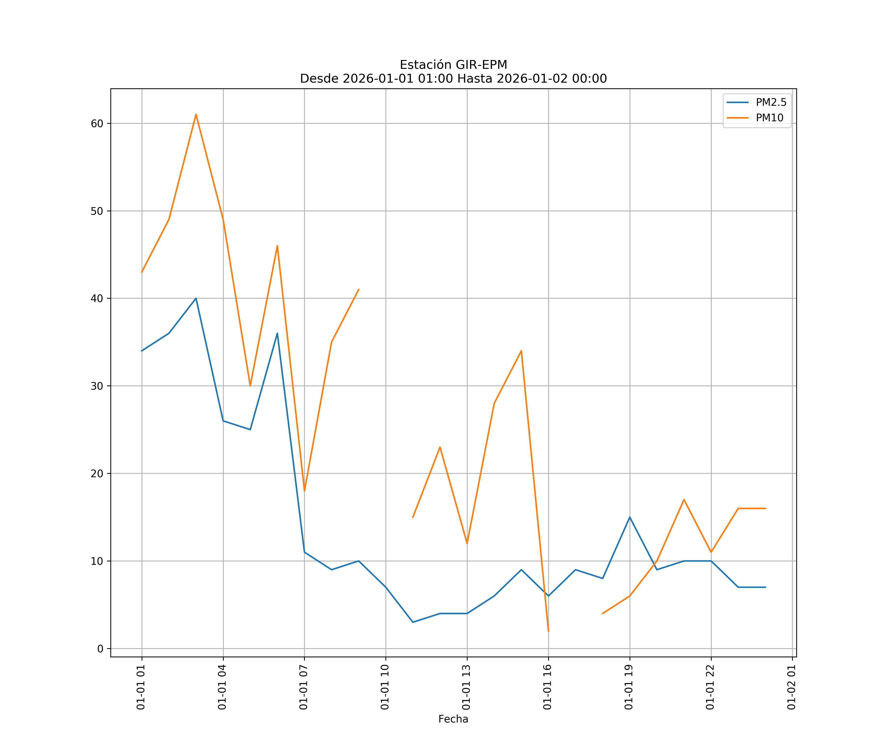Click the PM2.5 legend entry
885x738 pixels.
click(771, 103)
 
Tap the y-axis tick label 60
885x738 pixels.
click(97, 123)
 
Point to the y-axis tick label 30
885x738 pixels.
click(97, 386)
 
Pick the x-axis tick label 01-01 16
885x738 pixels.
click(547, 687)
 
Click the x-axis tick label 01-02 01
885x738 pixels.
click(791, 687)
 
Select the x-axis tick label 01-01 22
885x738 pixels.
click(710, 687)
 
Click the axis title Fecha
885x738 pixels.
click(453, 719)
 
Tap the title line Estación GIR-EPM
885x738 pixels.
click(453, 65)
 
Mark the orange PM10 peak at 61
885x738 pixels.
click(196, 115)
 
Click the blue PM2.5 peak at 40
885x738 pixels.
click(196, 299)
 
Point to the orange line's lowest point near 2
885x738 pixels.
click(548, 631)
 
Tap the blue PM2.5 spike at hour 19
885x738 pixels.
click(630, 517)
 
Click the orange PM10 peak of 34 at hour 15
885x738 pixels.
click(521, 351)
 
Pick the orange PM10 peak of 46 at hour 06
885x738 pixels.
click(277, 246)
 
